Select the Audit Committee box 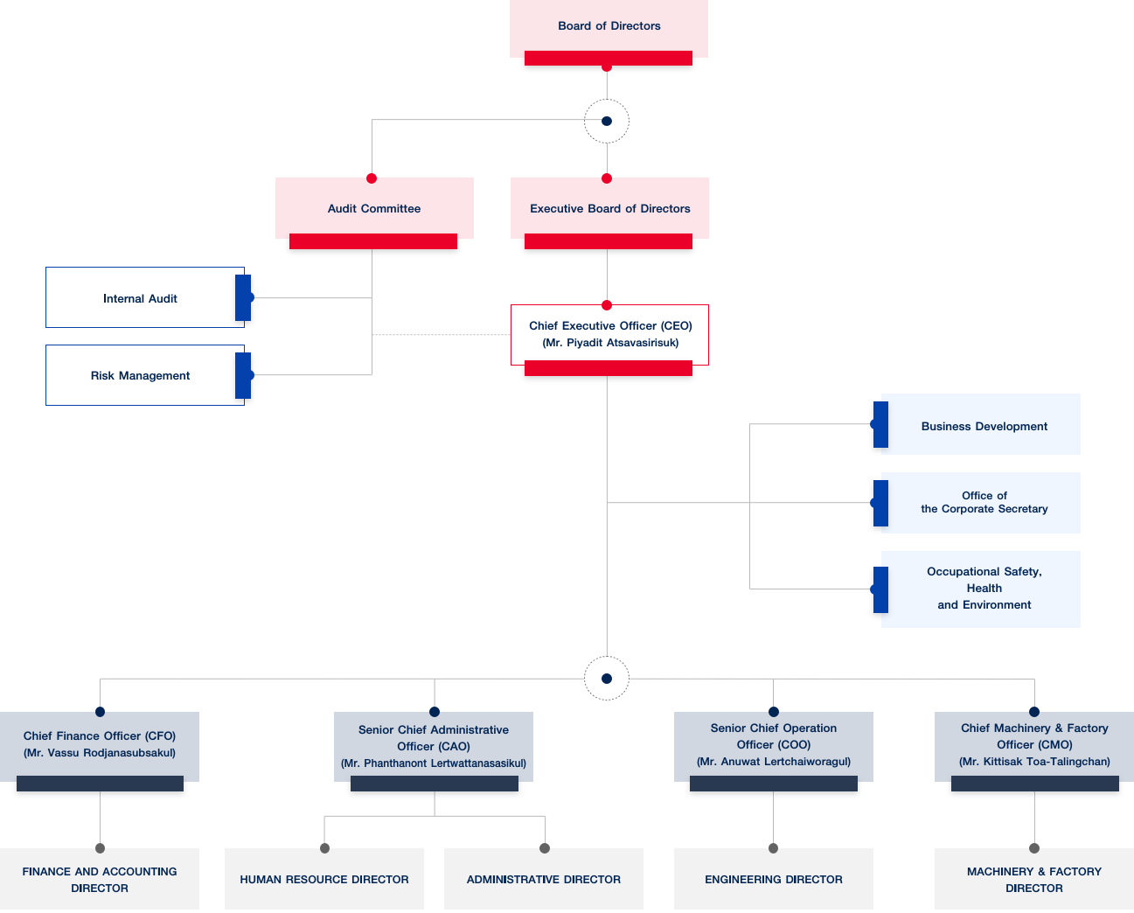374,208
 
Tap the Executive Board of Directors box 609,208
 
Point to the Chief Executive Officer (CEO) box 609,334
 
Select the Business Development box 983,425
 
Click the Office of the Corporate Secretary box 983,502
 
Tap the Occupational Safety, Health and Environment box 983,589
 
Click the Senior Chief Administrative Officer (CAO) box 434,746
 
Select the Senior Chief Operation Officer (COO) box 774,745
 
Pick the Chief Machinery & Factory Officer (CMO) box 1034,745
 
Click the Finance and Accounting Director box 100,879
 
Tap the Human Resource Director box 324,879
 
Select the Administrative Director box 544,879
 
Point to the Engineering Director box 774,879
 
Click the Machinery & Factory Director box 1034,879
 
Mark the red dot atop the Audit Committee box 372,178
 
